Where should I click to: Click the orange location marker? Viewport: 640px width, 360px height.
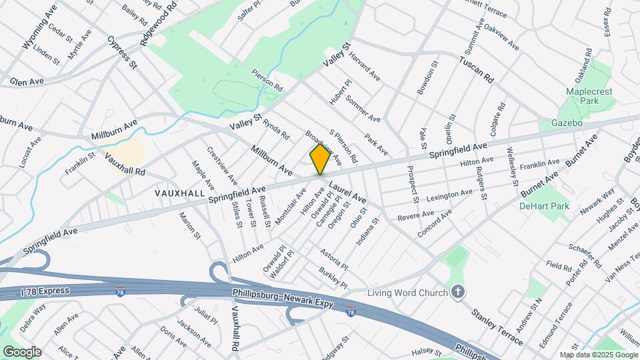tap(320, 159)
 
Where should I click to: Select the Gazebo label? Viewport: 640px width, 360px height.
tap(567, 123)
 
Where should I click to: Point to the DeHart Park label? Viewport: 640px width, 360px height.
tap(545, 206)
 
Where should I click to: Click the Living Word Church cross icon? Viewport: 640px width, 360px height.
tap(457, 291)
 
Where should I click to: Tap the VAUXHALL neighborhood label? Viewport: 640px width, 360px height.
tap(179, 193)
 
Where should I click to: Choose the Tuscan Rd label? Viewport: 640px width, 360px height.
tap(476, 69)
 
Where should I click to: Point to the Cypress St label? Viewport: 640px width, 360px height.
tap(122, 53)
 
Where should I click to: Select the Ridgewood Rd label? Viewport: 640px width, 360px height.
tap(159, 23)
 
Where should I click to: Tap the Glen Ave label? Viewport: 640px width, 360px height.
tap(27, 81)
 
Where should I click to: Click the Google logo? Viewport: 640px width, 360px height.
tap(21, 351)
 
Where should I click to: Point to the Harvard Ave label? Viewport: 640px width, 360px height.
tap(365, 68)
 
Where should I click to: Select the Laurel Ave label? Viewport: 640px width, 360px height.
tap(347, 190)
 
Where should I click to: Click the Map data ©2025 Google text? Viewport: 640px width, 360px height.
tap(599, 355)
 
